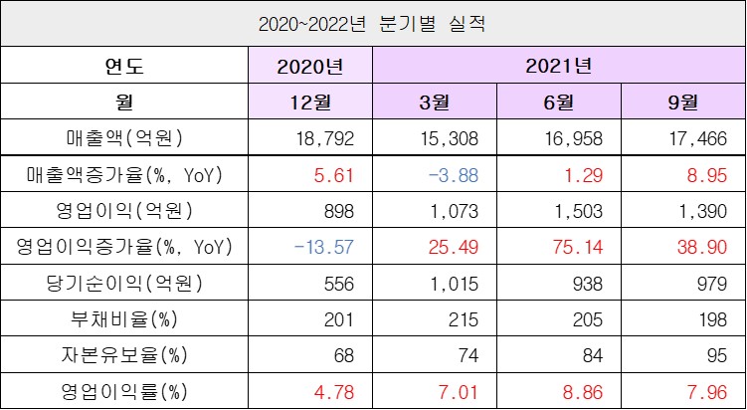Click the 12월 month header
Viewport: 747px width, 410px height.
click(311, 102)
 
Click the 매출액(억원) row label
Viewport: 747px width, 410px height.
click(124, 137)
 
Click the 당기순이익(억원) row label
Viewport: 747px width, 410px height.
click(124, 283)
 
